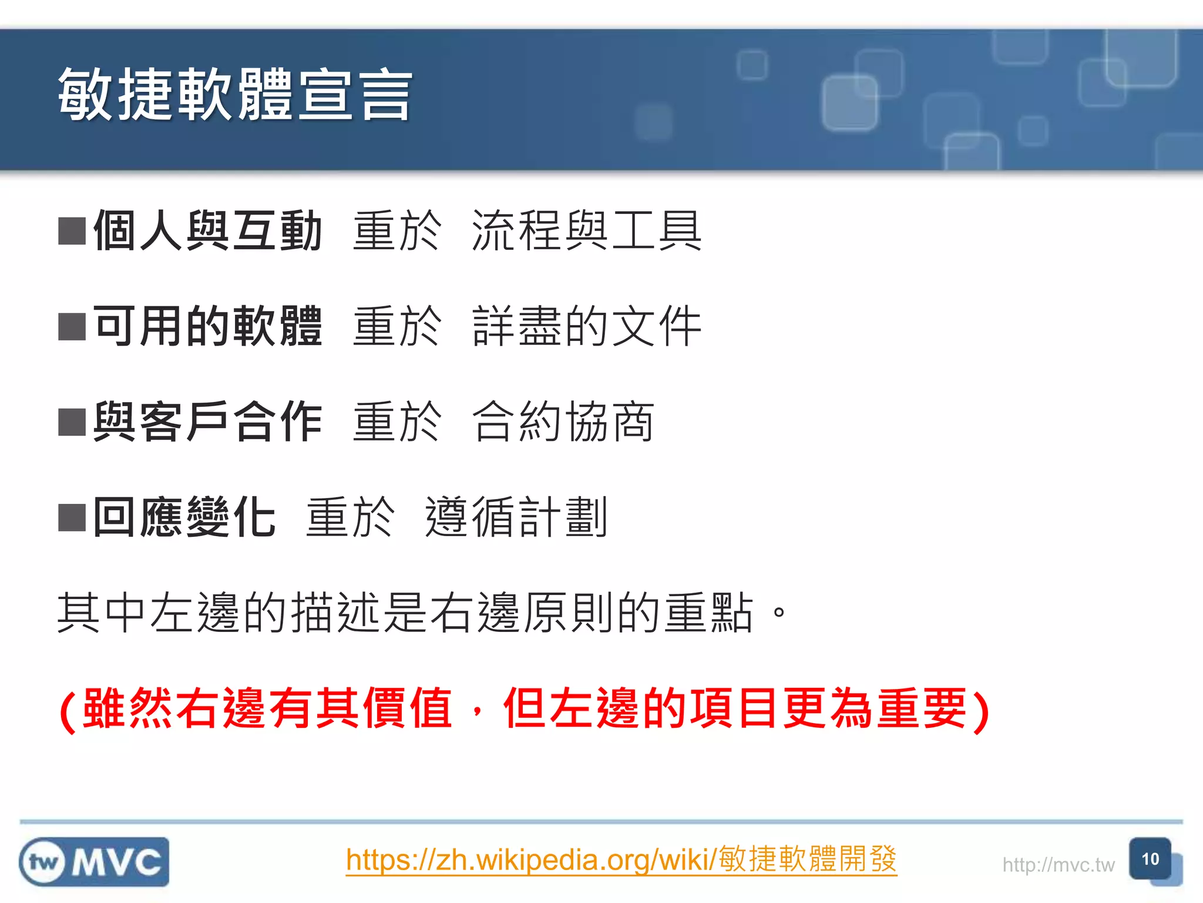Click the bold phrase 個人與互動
(x=207, y=230)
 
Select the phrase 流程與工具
(x=587, y=230)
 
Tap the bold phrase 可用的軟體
(x=207, y=326)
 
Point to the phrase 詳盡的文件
(x=587, y=326)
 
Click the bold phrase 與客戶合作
(x=207, y=422)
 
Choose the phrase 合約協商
(x=563, y=422)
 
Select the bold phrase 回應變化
(x=184, y=517)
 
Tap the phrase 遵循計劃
(x=516, y=517)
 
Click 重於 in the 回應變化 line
(x=350, y=517)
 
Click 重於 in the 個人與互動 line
(x=397, y=230)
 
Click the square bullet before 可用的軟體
(x=72, y=327)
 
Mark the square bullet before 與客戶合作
(x=72, y=422)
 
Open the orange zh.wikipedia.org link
(x=621, y=859)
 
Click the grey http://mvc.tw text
(x=1058, y=865)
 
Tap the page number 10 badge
(x=1150, y=859)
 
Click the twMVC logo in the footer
(x=94, y=862)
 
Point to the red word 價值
(x=407, y=708)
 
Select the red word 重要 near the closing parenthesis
(x=922, y=708)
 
